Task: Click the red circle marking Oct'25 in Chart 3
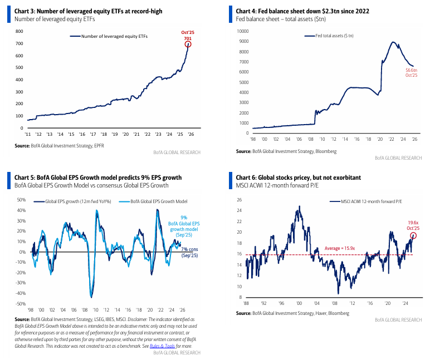click(x=188, y=45)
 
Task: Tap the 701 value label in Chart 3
click(x=188, y=38)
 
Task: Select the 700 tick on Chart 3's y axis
click(x=19, y=44)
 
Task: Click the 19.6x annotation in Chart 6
click(x=413, y=221)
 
